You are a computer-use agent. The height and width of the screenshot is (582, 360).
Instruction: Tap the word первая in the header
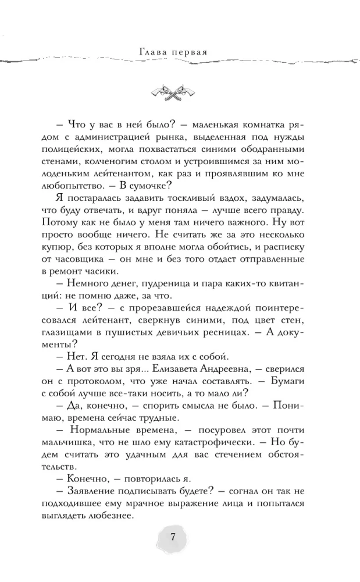tap(193, 51)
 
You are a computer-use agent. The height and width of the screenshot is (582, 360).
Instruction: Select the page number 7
tap(173, 537)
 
